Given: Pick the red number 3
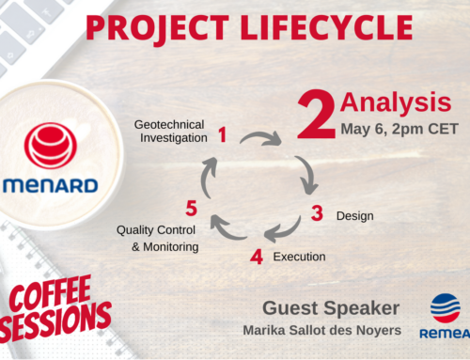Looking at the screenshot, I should pyautogui.click(x=317, y=214).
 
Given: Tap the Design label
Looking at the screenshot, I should pyautogui.click(x=355, y=216).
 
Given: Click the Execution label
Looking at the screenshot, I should pyautogui.click(x=299, y=256).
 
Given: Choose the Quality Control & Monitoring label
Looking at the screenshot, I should pyautogui.click(x=157, y=238).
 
